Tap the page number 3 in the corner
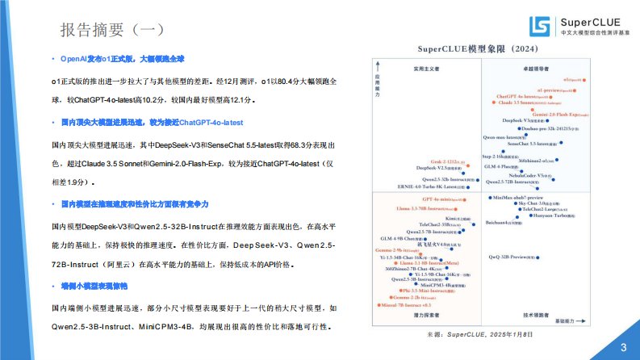coord(622,346)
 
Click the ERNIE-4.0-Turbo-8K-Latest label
coord(430,186)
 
